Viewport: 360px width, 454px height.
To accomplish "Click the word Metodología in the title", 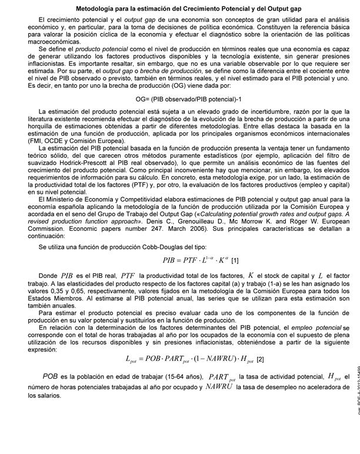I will [96, 9].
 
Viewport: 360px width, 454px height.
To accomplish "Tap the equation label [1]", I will [235, 260].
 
